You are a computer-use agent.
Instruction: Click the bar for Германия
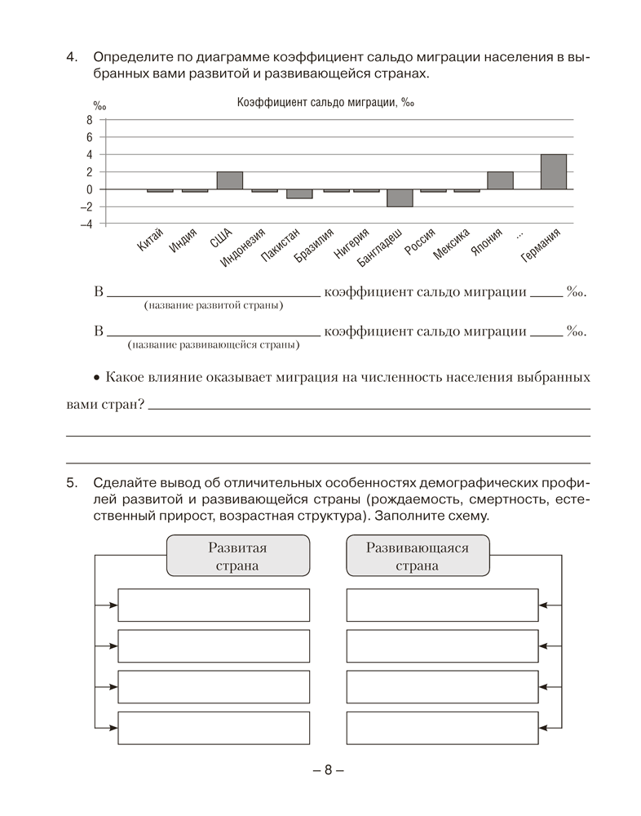tap(553, 171)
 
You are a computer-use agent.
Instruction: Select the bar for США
tap(229, 180)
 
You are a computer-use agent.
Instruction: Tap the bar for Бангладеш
tap(400, 198)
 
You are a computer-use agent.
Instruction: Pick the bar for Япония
tap(500, 180)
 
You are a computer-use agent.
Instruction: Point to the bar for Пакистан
tap(298, 194)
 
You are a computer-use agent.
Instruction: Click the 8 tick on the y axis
tap(90, 120)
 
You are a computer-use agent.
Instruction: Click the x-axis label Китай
tap(151, 243)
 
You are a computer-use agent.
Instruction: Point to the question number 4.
tap(71, 58)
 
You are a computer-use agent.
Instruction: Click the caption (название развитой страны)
tap(213, 306)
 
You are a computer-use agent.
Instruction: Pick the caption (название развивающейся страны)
tap(213, 345)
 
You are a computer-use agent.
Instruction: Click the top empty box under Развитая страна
tap(214, 605)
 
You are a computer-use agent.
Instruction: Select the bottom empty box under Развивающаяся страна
tap(442, 728)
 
